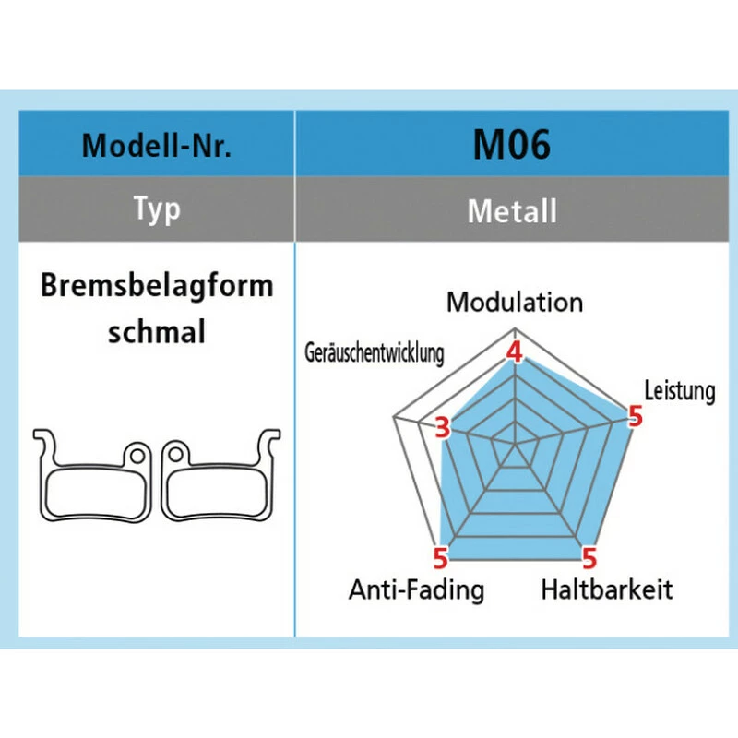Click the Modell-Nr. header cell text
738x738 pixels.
[x=157, y=146]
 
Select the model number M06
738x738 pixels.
[x=511, y=145]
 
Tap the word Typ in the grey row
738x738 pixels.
[x=157, y=209]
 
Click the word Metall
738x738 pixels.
[x=512, y=211]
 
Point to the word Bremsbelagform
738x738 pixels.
[x=157, y=286]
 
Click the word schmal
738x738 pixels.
[x=157, y=331]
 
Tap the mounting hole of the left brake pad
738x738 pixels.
[x=137, y=455]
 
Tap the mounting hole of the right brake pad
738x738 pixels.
[x=175, y=454]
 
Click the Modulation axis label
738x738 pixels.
[x=515, y=303]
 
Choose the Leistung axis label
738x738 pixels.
[x=680, y=390]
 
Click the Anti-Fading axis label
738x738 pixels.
[x=416, y=589]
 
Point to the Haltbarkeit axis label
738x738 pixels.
[x=607, y=589]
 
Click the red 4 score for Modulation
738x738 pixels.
[x=515, y=352]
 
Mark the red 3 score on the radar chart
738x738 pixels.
[x=443, y=428]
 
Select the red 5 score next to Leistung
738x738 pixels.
[x=635, y=416]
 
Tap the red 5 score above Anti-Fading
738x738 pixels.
[x=441, y=558]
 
